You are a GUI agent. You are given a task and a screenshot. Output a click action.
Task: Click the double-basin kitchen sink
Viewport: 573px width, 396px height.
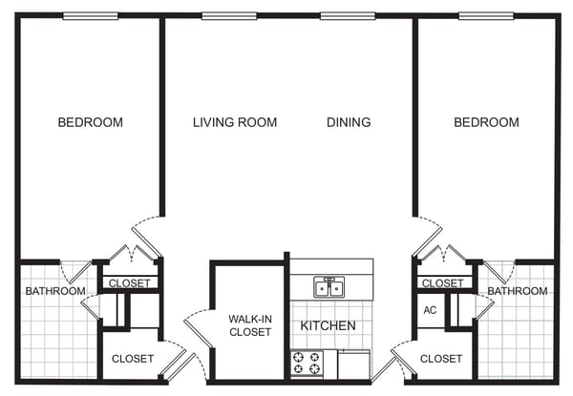tap(329, 287)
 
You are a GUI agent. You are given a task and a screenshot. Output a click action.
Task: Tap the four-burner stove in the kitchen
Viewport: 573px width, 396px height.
tap(307, 364)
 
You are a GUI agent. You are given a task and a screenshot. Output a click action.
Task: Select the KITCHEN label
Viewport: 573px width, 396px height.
tap(328, 325)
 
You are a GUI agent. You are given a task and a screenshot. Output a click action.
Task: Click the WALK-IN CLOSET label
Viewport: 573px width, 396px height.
tap(250, 325)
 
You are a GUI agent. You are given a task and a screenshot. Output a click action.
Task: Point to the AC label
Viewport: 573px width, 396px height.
tap(430, 310)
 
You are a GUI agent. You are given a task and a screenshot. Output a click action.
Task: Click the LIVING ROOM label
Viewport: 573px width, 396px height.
tap(235, 122)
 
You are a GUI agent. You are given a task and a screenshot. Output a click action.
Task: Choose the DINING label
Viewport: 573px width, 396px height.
tap(349, 122)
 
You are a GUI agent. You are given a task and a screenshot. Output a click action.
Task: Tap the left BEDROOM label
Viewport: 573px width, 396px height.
tap(91, 122)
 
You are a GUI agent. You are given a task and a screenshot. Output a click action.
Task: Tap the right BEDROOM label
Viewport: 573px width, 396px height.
tap(486, 122)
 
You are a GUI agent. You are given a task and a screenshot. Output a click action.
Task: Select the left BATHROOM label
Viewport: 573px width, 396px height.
tap(55, 291)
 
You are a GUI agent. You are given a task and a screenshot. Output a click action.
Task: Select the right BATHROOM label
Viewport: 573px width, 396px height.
tap(518, 291)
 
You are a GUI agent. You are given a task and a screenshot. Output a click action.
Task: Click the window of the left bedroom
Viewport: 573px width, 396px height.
tap(91, 16)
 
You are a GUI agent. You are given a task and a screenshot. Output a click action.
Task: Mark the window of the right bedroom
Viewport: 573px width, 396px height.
tap(486, 16)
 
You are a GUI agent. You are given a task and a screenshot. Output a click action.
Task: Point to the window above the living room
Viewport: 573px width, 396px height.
tap(229, 16)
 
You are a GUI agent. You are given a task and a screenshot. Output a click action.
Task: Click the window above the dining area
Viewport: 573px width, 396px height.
tap(348, 16)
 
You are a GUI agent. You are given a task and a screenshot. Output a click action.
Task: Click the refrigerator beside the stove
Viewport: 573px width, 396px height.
tap(353, 365)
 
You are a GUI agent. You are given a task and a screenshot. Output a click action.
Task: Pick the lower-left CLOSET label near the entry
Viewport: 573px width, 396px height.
tap(133, 359)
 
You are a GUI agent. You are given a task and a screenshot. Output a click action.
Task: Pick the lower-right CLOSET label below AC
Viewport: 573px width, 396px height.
tap(441, 359)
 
